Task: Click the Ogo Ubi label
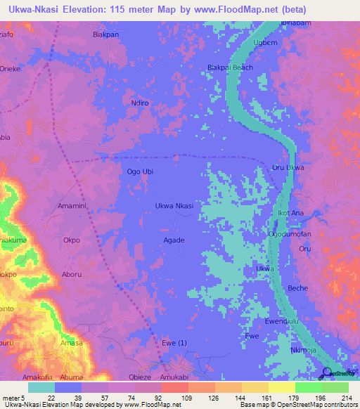point(139,171)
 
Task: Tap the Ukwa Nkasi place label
point(174,205)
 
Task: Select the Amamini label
point(71,205)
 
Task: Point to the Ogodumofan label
point(295,234)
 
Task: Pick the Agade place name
point(174,240)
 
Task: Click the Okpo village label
point(72,240)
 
